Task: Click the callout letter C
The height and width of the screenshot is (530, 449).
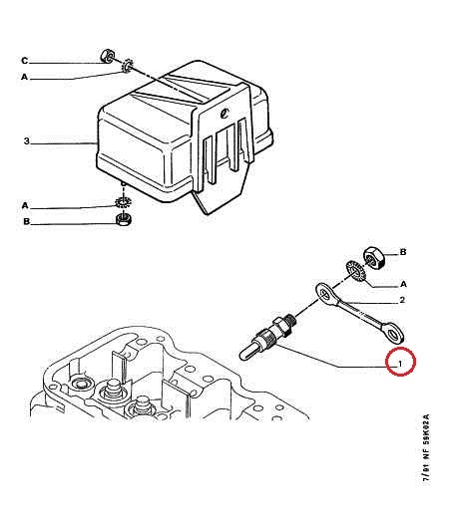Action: (24, 61)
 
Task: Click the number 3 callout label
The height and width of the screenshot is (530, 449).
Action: (27, 140)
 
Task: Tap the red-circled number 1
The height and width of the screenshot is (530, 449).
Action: (400, 364)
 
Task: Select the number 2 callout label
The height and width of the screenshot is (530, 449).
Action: (402, 300)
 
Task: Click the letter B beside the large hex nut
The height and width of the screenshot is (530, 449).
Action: (403, 252)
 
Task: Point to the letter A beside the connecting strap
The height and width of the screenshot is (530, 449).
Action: (403, 284)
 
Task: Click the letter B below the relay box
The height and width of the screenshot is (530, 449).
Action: (26, 222)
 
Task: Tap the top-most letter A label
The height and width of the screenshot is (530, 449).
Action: (24, 77)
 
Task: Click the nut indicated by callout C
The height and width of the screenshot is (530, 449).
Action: (108, 56)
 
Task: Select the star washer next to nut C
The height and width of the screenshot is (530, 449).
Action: (128, 66)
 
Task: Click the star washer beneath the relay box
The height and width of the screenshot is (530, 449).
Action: (124, 202)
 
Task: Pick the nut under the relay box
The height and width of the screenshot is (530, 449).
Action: (124, 219)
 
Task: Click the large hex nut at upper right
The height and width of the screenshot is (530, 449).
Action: (374, 258)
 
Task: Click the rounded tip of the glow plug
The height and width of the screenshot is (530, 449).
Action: (242, 355)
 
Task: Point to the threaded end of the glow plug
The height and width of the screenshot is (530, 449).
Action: (290, 320)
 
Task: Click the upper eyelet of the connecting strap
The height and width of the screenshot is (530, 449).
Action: (324, 292)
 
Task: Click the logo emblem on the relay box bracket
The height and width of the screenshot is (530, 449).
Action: (224, 113)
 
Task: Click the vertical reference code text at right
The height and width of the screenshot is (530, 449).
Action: (425, 448)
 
